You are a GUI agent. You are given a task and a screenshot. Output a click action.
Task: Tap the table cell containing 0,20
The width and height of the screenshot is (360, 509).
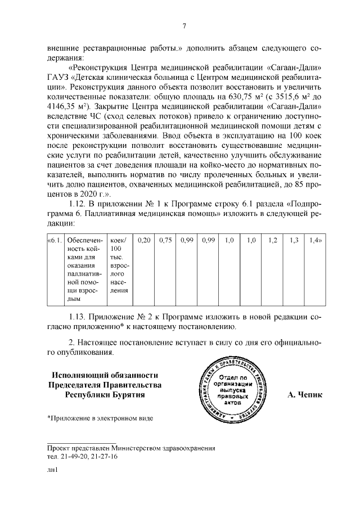pos(145,240)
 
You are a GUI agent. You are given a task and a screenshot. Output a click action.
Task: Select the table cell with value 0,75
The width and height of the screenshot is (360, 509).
pos(165,240)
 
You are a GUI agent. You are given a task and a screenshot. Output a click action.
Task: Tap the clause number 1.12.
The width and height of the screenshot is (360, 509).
pos(79,204)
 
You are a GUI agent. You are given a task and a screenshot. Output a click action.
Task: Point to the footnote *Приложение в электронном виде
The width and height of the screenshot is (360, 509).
pos(100,418)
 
